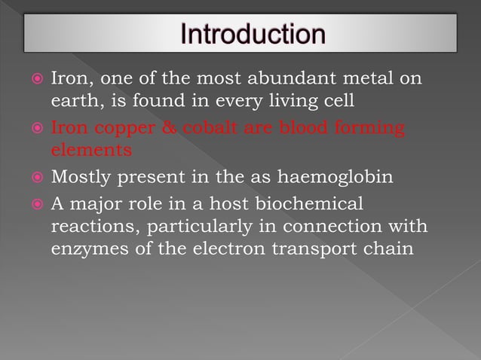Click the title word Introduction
click(255, 35)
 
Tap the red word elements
click(90, 150)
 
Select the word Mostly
click(79, 178)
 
